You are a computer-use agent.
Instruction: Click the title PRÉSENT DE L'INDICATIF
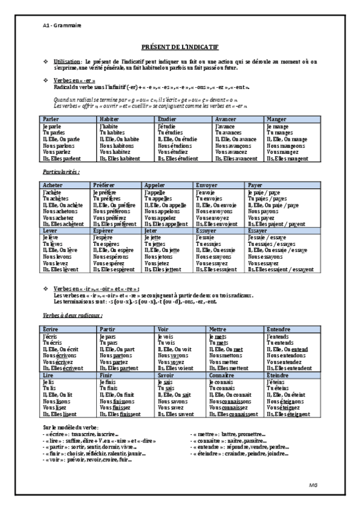click(180, 46)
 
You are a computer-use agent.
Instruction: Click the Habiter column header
click(109, 120)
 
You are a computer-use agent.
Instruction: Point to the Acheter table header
click(53, 185)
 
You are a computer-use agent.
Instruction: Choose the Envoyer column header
click(208, 185)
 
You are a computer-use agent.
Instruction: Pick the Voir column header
click(162, 330)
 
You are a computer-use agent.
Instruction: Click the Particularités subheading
click(62, 172)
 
